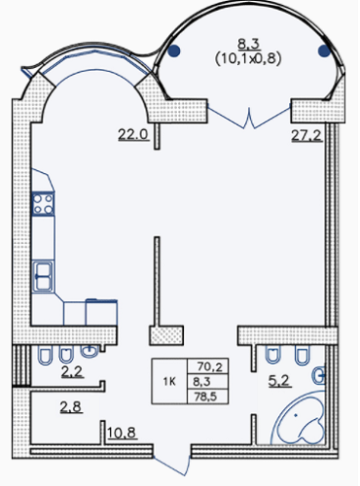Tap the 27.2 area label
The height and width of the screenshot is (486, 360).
pos(307,135)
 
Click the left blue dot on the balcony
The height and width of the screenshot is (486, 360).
pos(174,52)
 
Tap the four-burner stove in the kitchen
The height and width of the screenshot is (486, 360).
pos(43,204)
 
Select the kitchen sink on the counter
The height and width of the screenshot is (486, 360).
pos(43,275)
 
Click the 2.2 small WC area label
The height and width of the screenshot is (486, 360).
pos(71,371)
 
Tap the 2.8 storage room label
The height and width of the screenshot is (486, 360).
pos(71,406)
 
